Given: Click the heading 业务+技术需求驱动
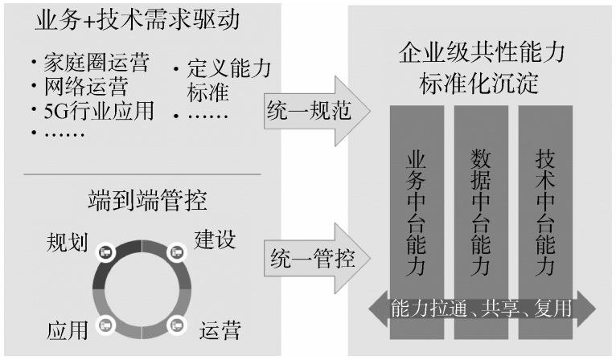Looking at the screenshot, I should click(137, 21).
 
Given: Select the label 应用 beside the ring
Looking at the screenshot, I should click(62, 329).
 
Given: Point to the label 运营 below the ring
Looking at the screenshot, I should click(220, 329).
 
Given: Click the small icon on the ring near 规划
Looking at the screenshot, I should click(105, 252).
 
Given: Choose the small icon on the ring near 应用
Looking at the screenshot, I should click(105, 325).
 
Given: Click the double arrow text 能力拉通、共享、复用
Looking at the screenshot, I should click(482, 308).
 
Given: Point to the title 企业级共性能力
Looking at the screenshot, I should click(482, 54).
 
